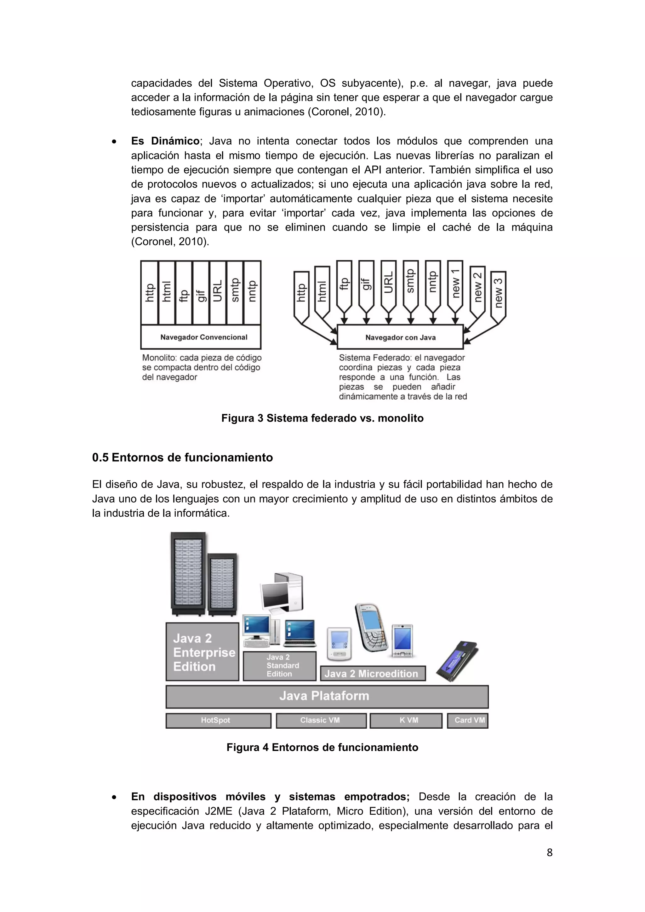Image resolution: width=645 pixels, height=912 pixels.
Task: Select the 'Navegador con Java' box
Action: (400, 337)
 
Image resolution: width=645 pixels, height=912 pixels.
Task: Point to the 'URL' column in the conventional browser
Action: (218, 292)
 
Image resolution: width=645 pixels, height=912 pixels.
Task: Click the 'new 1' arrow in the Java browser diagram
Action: (455, 284)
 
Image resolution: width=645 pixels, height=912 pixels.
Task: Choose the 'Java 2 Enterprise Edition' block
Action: (203, 652)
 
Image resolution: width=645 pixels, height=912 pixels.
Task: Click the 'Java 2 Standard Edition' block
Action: (280, 666)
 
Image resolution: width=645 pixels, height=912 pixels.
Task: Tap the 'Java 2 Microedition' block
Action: (373, 674)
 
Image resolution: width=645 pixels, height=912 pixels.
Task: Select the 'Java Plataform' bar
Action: (327, 696)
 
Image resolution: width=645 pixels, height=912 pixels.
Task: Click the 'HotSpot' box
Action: (218, 720)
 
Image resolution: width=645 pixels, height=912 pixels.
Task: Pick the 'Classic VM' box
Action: (321, 720)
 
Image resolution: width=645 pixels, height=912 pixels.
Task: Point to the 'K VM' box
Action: (406, 720)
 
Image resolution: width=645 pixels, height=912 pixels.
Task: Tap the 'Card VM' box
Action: (467, 720)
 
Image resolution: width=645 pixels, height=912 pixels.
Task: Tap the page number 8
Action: (549, 852)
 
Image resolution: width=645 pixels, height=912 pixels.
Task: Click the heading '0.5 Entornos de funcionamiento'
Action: (182, 458)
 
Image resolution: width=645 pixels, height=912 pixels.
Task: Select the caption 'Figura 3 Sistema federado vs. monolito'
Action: (322, 418)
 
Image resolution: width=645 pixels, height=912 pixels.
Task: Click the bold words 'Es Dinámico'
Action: (165, 141)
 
